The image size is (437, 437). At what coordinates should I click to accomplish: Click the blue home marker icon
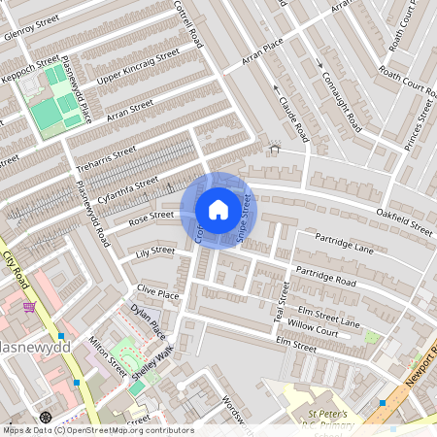[x=218, y=209]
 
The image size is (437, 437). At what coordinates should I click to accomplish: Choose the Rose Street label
[x=151, y=216]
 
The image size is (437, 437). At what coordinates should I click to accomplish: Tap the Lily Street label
[x=154, y=252]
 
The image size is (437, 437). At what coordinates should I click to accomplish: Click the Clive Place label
[x=158, y=291]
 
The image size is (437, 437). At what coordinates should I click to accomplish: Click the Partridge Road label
[x=325, y=277]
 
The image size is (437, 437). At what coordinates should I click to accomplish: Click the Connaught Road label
[x=341, y=90]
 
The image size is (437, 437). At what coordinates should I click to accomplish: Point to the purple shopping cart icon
[x=31, y=307]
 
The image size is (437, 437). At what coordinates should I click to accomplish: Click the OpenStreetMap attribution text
[x=97, y=430]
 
